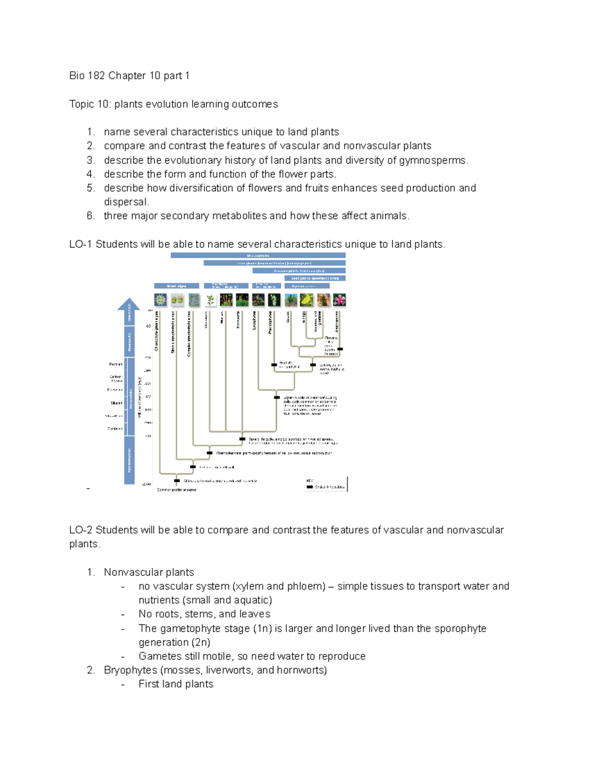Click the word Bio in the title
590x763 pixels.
point(77,76)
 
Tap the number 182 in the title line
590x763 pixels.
point(96,76)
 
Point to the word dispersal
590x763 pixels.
point(126,202)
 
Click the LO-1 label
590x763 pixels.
point(81,244)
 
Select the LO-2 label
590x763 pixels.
point(81,530)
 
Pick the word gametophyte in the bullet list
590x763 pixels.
point(189,628)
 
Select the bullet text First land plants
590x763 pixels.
point(176,684)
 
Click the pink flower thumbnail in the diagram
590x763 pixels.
point(339,300)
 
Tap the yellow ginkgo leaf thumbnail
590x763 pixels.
point(307,300)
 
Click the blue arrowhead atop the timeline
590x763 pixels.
point(129,304)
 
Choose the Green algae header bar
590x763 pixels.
point(177,285)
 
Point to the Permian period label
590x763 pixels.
point(116,365)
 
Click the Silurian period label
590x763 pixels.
point(117,403)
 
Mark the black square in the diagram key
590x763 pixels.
point(310,487)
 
